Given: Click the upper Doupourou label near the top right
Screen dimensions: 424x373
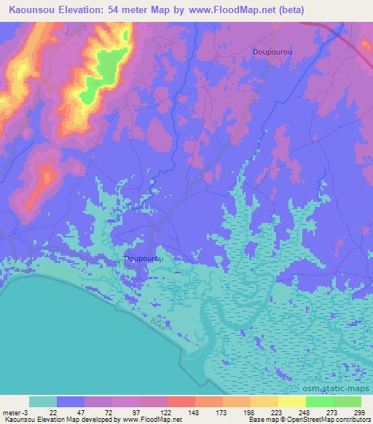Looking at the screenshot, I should click(272, 52).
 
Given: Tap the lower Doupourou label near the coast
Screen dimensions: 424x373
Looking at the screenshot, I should click(144, 258).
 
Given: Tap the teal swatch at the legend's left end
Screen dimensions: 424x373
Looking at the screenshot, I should click(43, 401).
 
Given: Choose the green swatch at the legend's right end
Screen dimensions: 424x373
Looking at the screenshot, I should click(348, 401).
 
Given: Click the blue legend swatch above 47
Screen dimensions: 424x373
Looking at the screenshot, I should click(71, 401).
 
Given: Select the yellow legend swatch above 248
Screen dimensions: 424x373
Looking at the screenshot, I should click(292, 401).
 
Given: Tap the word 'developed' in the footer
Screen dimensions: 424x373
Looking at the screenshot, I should click(104, 420).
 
